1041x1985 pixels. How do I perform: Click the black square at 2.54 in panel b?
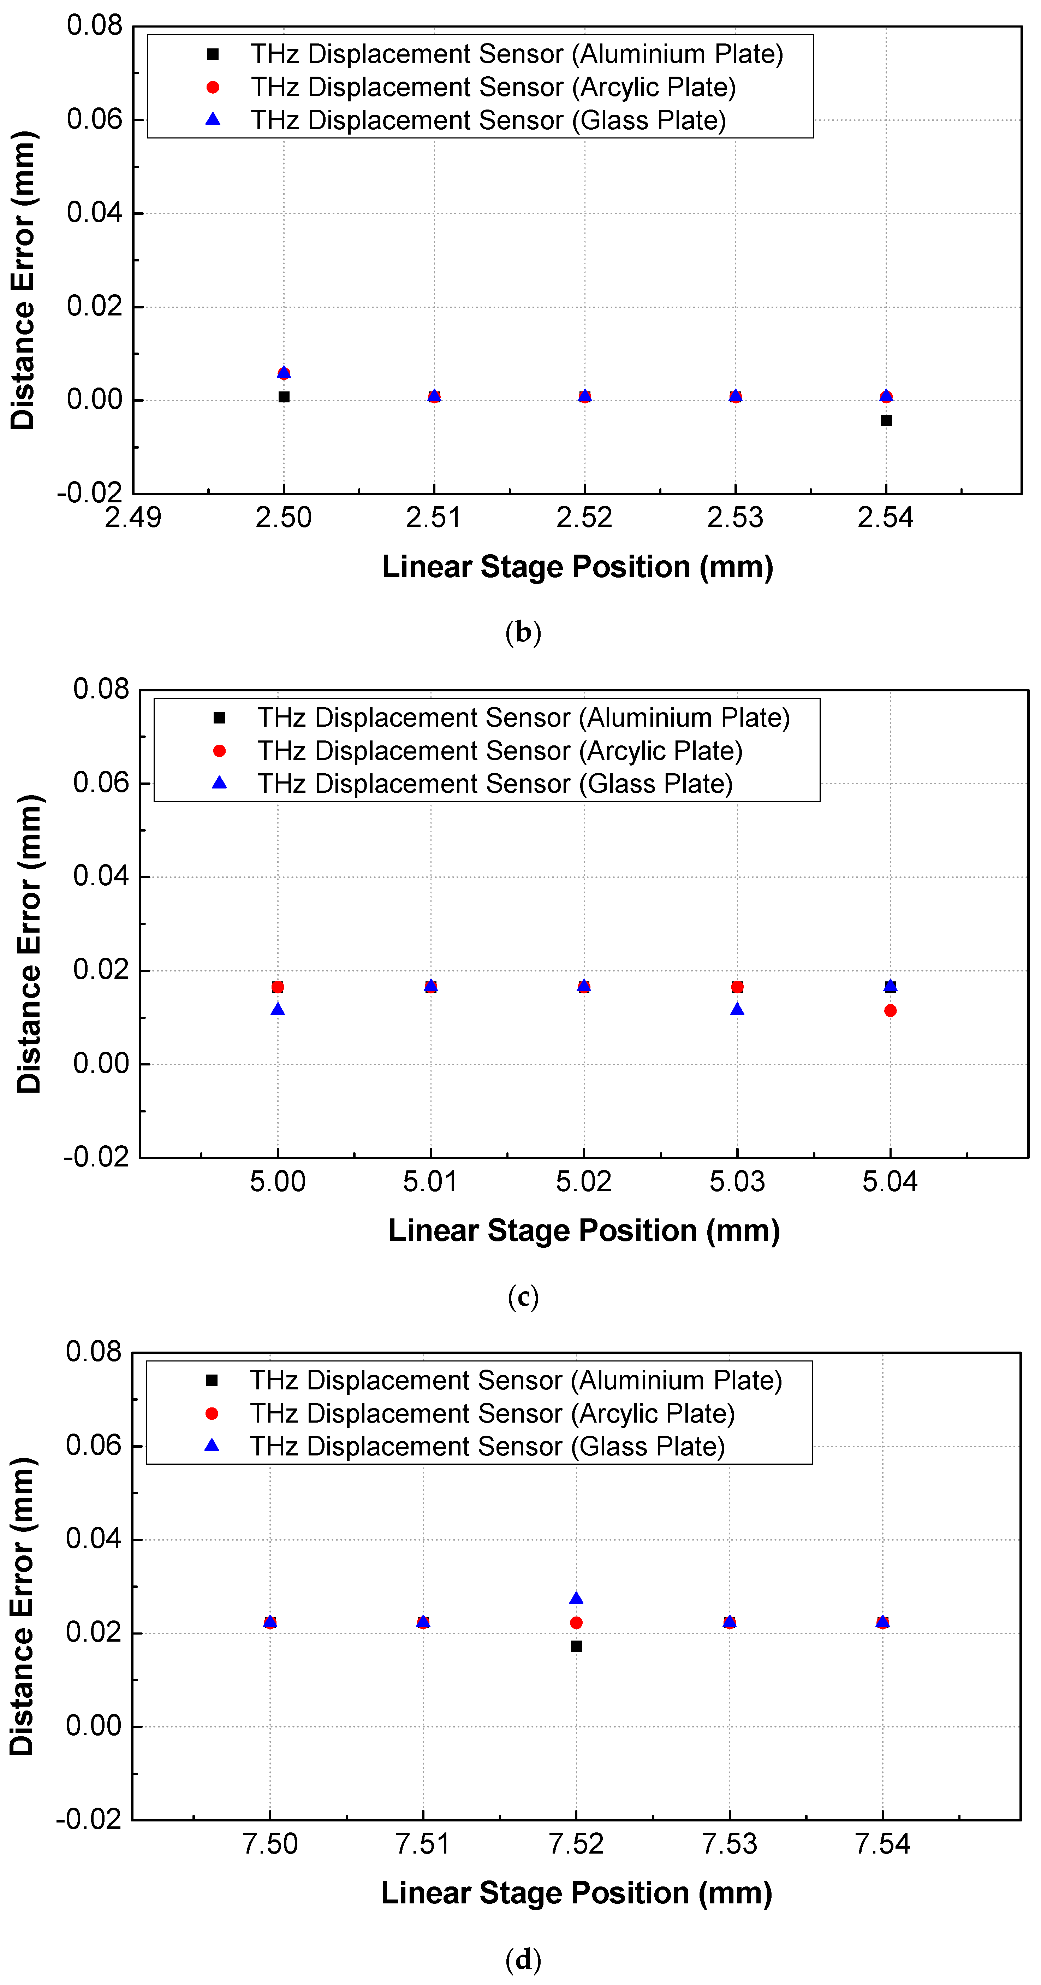[x=886, y=420]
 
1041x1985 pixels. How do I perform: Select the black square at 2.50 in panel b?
[x=284, y=397]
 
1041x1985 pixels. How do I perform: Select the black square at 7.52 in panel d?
[x=576, y=1646]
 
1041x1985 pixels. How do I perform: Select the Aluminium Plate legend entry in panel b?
[x=516, y=54]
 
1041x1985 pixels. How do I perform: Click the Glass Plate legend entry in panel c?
[x=495, y=784]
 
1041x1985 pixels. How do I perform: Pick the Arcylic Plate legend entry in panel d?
[x=492, y=1413]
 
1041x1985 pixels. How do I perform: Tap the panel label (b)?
[x=523, y=633]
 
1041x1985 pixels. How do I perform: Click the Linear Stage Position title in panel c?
[x=584, y=1231]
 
